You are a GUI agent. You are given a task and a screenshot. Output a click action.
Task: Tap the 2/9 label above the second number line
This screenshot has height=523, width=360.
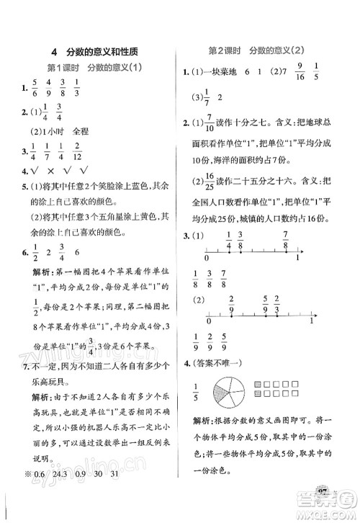click(232, 299)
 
